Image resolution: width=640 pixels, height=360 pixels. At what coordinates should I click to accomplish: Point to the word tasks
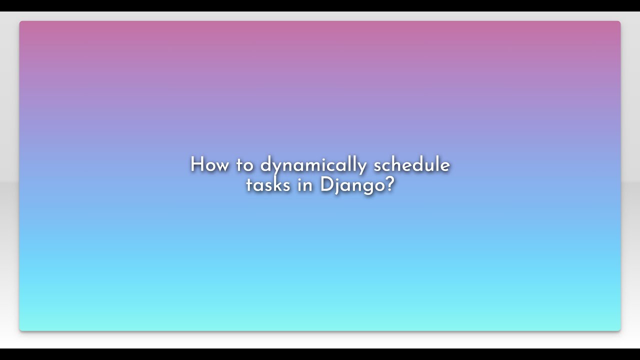point(268,185)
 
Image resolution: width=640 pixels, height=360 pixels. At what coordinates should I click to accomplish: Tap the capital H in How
point(196,165)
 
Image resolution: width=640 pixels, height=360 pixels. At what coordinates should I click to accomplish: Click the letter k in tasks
point(277,185)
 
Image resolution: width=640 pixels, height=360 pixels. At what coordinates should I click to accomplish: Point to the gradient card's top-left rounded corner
point(21,22)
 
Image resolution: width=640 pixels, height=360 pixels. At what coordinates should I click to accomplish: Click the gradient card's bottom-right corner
point(619,329)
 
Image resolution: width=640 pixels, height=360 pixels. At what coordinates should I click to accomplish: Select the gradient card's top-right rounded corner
point(619,22)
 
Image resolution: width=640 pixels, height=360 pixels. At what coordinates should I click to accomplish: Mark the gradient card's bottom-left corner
point(21,329)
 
